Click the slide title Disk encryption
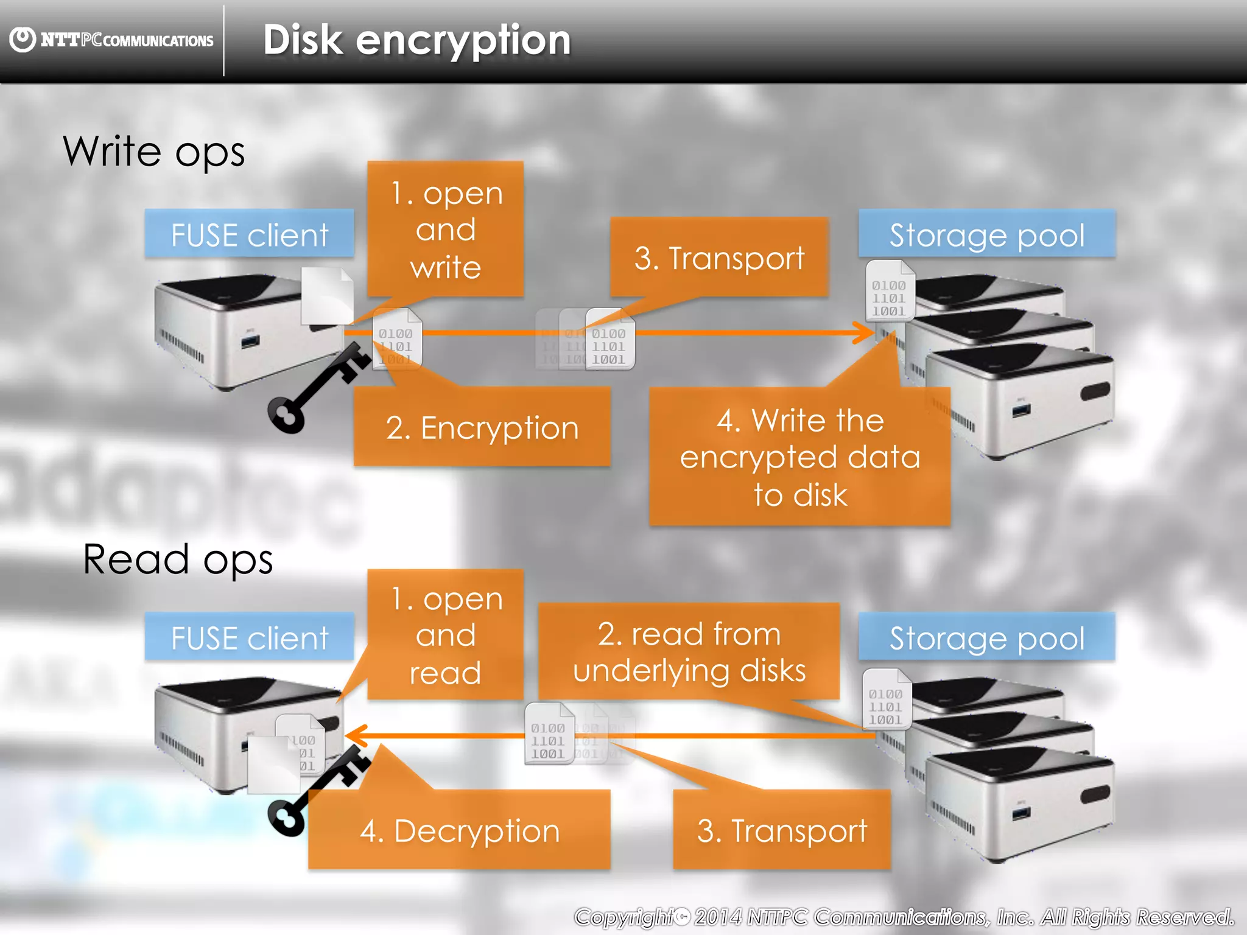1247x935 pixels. [416, 40]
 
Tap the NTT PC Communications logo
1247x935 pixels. [112, 40]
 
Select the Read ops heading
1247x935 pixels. [178, 559]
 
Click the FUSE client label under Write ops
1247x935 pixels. [249, 234]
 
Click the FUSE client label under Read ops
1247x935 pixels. [249, 637]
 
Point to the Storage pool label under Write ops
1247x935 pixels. [986, 234]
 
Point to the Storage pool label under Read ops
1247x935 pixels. [986, 637]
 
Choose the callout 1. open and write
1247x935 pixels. [446, 229]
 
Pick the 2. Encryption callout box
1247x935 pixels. [482, 427]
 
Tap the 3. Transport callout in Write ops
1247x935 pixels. [719, 257]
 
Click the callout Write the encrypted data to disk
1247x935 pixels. [799, 457]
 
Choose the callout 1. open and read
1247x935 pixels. [446, 635]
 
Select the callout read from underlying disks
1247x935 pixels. [689, 651]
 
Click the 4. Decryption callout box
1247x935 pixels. [459, 830]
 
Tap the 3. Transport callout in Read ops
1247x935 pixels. [782, 830]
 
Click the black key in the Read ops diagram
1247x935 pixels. [317, 791]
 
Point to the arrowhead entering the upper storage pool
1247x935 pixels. [865, 333]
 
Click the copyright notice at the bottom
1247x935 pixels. [904, 916]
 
